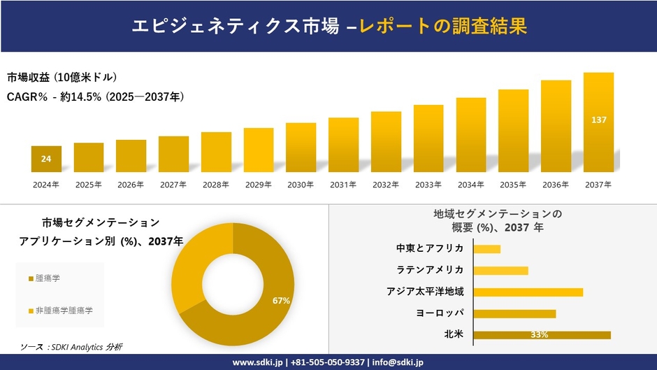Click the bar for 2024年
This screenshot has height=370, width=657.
(x=46, y=159)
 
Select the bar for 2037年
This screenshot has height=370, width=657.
(x=598, y=122)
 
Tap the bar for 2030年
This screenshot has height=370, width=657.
(x=301, y=148)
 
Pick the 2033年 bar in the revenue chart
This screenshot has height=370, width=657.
(x=428, y=138)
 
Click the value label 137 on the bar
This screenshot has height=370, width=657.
(x=598, y=120)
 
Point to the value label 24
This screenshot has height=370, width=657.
(x=46, y=159)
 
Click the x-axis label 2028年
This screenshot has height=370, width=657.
(x=216, y=185)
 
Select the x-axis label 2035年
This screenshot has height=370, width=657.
(x=513, y=185)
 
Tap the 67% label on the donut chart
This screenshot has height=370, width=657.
(x=281, y=300)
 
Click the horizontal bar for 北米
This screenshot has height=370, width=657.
(x=542, y=335)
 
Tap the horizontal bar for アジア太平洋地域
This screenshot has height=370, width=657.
(x=528, y=292)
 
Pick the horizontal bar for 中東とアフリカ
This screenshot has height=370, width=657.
(x=486, y=249)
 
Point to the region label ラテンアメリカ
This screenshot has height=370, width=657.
(x=430, y=270)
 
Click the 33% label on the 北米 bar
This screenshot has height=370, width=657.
(x=539, y=335)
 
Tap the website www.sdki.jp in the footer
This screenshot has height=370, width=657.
(x=257, y=362)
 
